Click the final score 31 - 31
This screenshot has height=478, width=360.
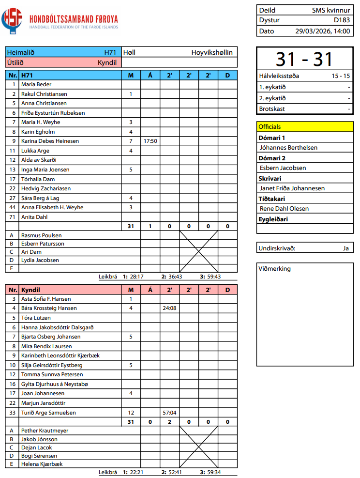pyautogui.click(x=304, y=59)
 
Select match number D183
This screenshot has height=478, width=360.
pyautogui.click(x=342, y=20)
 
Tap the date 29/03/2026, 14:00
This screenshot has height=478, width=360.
pyautogui.click(x=322, y=31)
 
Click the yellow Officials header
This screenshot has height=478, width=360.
pyautogui.click(x=305, y=127)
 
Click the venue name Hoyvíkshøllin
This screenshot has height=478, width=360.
pyautogui.click(x=212, y=52)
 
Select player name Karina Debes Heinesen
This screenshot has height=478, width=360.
pyautogui.click(x=50, y=141)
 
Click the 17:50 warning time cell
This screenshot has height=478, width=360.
pyautogui.click(x=150, y=141)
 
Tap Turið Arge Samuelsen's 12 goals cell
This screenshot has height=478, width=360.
pyautogui.click(x=131, y=413)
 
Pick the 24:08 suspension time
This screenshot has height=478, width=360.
pyautogui.click(x=169, y=308)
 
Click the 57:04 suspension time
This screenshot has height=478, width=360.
pyautogui.click(x=169, y=413)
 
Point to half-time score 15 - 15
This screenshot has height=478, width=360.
pyautogui.click(x=341, y=76)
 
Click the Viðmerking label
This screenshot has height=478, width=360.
pyautogui.click(x=275, y=269)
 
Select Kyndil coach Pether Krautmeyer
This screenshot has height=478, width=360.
pyautogui.click(x=45, y=431)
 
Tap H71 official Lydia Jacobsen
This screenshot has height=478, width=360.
pyautogui.click(x=40, y=260)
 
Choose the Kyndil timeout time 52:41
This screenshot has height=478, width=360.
pyautogui.click(x=175, y=472)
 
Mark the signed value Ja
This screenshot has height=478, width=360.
pyautogui.click(x=345, y=248)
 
